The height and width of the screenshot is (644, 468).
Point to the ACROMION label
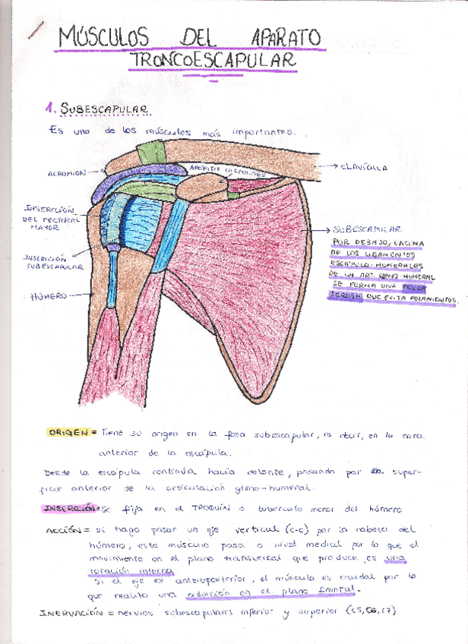point(66,173)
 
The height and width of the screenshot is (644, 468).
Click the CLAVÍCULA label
point(364,166)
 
